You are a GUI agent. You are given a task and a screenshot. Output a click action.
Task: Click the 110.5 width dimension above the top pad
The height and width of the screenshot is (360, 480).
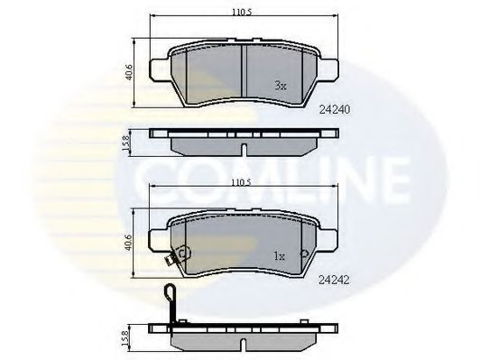click(241, 13)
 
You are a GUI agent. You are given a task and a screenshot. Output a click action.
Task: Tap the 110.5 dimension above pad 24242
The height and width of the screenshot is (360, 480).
click(241, 183)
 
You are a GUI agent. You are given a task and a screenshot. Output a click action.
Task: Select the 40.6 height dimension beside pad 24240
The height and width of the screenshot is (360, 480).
click(130, 72)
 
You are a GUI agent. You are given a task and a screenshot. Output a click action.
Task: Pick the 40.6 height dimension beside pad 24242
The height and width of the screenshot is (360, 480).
click(129, 243)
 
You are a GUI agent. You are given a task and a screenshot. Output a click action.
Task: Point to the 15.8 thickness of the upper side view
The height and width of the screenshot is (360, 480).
click(125, 143)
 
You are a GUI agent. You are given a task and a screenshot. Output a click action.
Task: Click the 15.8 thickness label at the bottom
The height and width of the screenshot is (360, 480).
click(125, 338)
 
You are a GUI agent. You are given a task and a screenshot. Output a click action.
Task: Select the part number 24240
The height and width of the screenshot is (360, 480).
click(334, 109)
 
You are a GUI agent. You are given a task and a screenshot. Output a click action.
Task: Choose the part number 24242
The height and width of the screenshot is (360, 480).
click(334, 280)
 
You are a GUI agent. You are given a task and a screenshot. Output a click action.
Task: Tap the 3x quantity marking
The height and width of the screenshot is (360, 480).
click(280, 86)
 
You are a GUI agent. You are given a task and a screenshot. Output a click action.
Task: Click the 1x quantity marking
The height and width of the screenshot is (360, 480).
click(279, 256)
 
